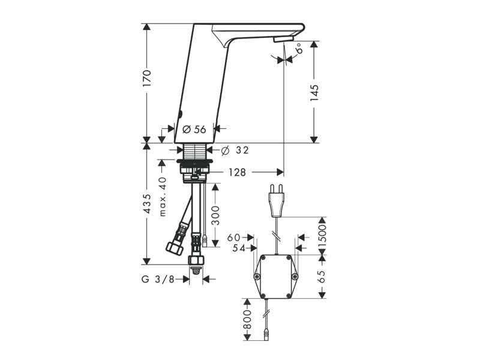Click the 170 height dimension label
[x=147, y=78]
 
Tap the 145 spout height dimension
[x=314, y=93]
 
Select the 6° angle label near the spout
[x=299, y=49]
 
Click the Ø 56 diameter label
[x=194, y=130]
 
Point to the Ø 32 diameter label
[x=235, y=151]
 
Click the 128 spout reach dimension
[x=237, y=172]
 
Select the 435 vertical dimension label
[x=147, y=203]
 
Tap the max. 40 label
[x=163, y=197]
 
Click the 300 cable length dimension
[x=215, y=215]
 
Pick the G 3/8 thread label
[x=158, y=279]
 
